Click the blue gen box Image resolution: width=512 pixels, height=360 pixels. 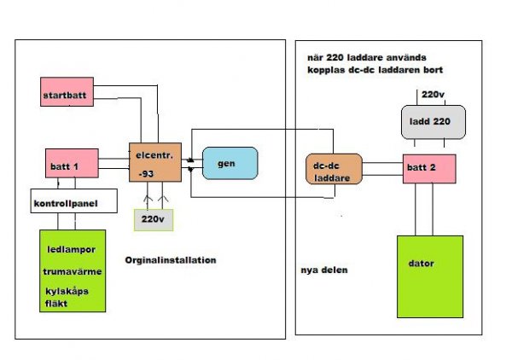(x=230, y=163)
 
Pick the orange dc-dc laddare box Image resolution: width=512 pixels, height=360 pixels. (x=334, y=170)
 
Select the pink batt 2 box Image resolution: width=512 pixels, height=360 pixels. (x=429, y=168)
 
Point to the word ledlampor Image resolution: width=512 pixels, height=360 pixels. (x=71, y=250)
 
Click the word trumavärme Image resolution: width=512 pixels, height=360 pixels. (x=73, y=272)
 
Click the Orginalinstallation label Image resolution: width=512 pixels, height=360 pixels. (x=170, y=259)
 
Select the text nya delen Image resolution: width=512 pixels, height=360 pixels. (x=323, y=270)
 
